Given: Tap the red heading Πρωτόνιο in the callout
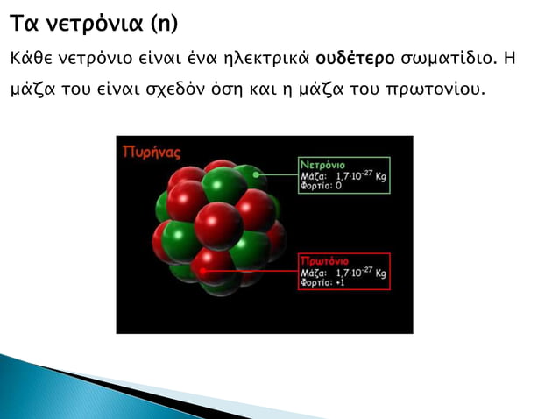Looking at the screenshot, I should tap(324, 261).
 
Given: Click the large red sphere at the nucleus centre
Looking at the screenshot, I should tap(218, 224).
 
